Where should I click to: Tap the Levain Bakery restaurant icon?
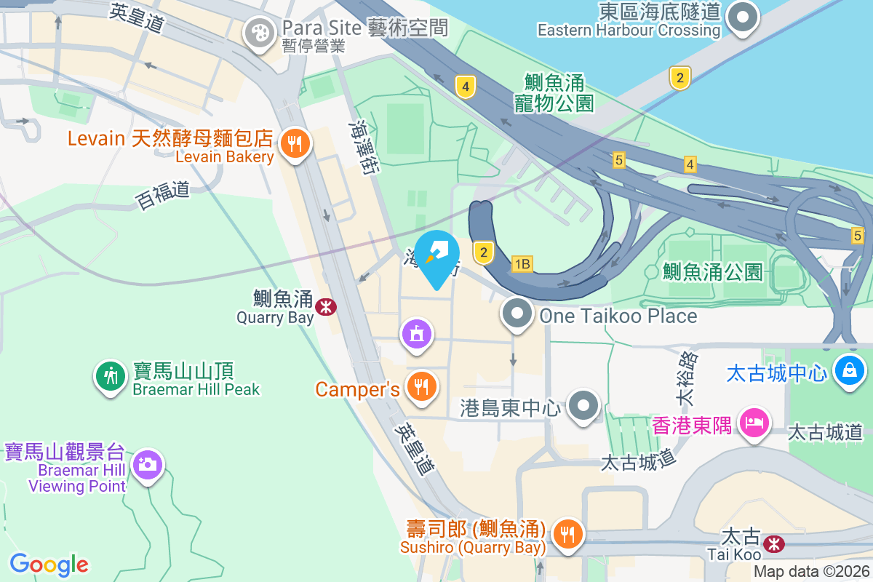294,144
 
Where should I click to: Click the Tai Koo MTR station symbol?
774,542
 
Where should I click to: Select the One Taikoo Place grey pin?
517,315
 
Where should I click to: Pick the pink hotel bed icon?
754,422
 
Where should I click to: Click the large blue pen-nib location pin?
438,256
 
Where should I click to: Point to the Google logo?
49,565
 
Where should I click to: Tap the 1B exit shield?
522,264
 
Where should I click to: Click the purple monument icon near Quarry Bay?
416,335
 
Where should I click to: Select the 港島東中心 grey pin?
584,406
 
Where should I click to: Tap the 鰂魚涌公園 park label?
712,272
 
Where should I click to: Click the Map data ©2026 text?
811,572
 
